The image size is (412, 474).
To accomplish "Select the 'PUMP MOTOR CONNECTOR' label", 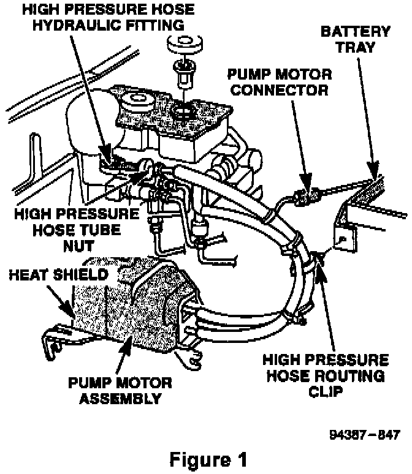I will pos(279,83).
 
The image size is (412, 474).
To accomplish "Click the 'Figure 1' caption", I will pos(206,459).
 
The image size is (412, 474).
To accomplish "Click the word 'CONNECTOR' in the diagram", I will pos(279,90).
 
